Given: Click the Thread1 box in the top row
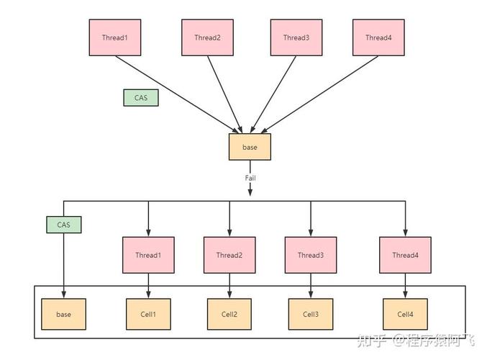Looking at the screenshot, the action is click(115, 37).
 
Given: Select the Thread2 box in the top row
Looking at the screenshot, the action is click(207, 37).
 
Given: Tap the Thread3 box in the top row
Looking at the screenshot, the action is click(296, 37).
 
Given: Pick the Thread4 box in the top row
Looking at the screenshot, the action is click(378, 37).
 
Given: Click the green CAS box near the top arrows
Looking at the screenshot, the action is click(141, 98).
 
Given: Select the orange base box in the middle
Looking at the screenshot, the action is click(250, 147).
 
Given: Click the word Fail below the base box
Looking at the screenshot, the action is click(250, 178).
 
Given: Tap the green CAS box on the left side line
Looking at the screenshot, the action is click(64, 225).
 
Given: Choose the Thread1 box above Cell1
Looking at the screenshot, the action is click(148, 255).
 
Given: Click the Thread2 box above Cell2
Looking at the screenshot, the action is click(229, 255).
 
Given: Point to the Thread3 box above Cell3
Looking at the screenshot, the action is click(311, 255).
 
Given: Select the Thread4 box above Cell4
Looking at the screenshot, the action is click(405, 255).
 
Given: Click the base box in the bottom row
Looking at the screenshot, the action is click(64, 315).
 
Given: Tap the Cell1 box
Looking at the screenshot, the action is click(148, 315).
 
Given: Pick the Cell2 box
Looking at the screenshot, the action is click(229, 315).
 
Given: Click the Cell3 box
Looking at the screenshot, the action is click(311, 315).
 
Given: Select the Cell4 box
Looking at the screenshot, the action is click(405, 315).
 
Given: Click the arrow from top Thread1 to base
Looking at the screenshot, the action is click(177, 94).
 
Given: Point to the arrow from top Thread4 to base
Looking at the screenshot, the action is click(319, 94).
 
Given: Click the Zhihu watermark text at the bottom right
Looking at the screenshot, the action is click(416, 341).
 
